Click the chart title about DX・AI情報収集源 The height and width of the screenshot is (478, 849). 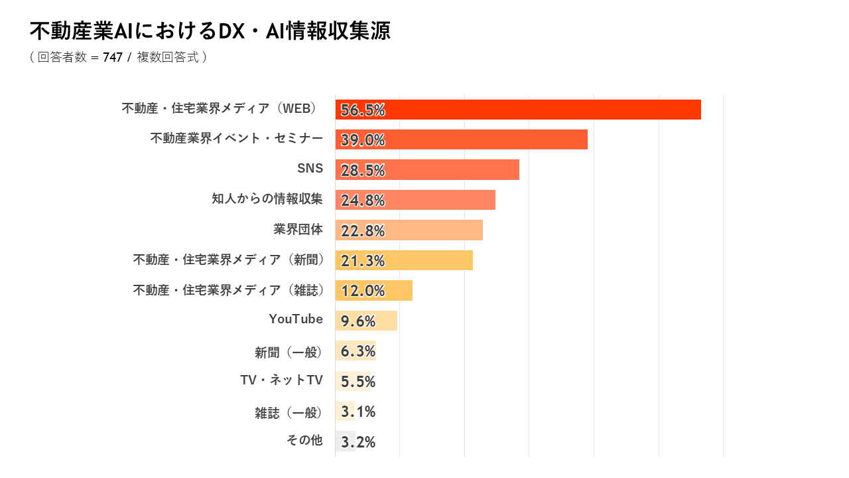coord(210,31)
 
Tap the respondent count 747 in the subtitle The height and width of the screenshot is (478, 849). coord(113,57)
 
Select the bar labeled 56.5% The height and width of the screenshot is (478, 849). coord(518,110)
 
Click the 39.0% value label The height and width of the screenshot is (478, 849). coord(363,140)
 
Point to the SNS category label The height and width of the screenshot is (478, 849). coord(310,168)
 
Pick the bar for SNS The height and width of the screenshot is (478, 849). coord(427,169)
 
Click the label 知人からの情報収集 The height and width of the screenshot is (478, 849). coord(267,199)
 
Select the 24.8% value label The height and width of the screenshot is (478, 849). coord(363,200)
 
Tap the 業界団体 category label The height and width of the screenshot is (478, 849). coord(298,229)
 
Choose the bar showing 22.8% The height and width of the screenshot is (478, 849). coord(409,230)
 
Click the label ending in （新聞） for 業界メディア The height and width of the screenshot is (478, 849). coord(229,260)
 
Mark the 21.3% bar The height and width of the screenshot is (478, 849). coord(404,260)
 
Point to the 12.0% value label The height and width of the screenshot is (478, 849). coord(363,291)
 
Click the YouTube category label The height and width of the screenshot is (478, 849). coord(296,319)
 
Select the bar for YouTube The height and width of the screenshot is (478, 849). coord(366,321)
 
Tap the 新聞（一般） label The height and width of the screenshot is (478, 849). coord(289,353)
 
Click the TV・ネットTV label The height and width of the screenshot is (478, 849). coord(282,380)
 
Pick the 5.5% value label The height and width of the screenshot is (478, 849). coord(358,382)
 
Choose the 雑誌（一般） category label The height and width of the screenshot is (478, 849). coord(289,413)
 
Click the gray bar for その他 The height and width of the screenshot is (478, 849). coord(346,441)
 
